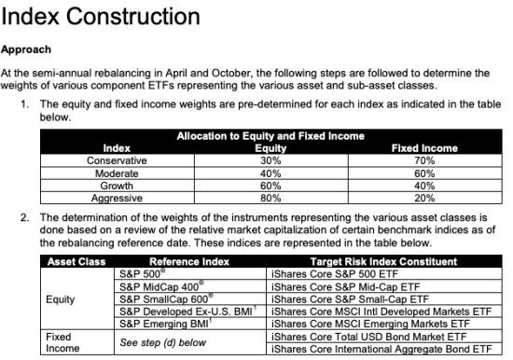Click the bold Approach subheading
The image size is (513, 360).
click(x=27, y=49)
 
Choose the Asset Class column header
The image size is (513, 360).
click(x=75, y=262)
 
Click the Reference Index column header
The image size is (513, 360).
click(x=189, y=262)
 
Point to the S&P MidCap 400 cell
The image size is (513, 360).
click(x=160, y=286)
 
